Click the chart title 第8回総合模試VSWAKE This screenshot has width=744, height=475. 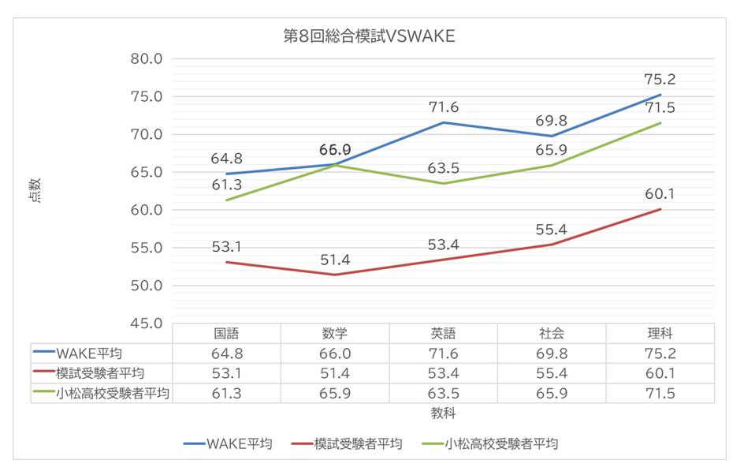(369, 36)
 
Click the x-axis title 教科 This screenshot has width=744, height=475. (443, 413)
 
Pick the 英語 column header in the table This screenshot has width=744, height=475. (444, 333)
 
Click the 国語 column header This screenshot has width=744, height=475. (226, 333)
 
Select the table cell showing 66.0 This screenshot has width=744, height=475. (335, 353)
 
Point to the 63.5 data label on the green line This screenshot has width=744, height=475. (444, 167)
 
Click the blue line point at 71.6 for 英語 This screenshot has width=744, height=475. (444, 122)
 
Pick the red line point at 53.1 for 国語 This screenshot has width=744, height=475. (227, 262)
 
